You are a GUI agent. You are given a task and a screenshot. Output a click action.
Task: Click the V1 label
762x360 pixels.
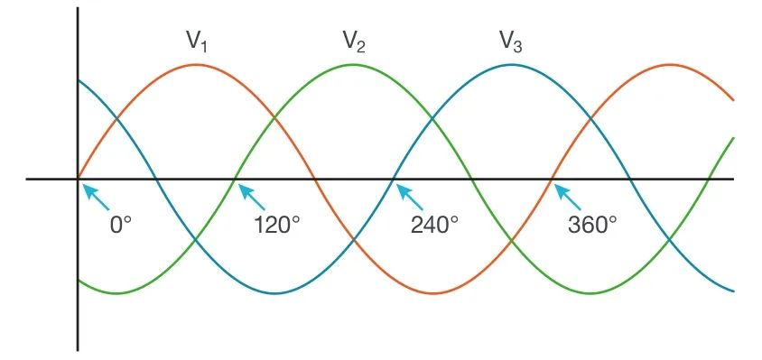tap(198, 41)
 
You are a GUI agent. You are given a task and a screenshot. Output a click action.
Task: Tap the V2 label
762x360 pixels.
tap(354, 41)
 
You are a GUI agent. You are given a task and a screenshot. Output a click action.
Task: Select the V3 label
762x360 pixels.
tap(511, 41)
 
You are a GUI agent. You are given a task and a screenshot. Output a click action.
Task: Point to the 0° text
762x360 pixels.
tap(121, 225)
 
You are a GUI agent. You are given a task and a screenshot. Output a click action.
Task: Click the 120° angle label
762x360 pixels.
tap(277, 225)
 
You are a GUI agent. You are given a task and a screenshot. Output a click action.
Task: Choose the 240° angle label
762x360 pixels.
tap(435, 225)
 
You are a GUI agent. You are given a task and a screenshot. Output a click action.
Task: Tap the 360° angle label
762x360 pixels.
tap(592, 225)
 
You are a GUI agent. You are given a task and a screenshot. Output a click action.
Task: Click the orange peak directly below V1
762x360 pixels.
tap(196, 64)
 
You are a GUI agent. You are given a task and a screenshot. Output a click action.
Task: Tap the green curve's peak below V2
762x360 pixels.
tap(354, 64)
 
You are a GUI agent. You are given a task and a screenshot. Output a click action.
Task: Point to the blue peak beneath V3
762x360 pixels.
tap(511, 64)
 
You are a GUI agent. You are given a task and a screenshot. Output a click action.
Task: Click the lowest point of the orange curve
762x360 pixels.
tap(432, 293)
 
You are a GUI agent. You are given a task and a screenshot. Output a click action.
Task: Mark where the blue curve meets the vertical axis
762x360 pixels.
tap(79, 80)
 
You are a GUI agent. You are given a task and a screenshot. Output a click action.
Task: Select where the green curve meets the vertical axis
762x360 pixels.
tap(79, 280)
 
